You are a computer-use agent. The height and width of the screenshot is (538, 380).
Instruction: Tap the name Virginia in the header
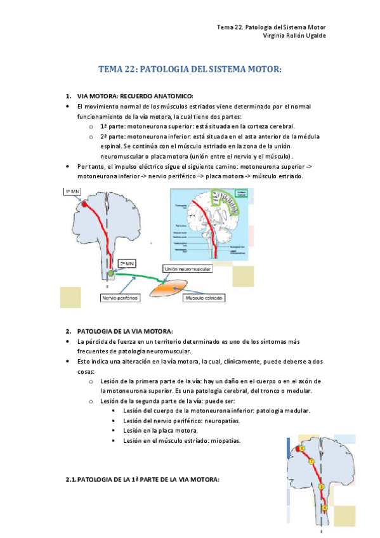point(275,36)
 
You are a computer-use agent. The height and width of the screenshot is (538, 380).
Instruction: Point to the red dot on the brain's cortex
point(84,204)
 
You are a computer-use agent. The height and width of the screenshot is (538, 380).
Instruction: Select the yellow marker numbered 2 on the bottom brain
point(311,461)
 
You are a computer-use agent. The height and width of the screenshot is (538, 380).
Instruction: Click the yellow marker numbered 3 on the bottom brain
point(321,487)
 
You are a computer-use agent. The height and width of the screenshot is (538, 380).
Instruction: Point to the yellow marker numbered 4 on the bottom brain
point(324,508)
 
